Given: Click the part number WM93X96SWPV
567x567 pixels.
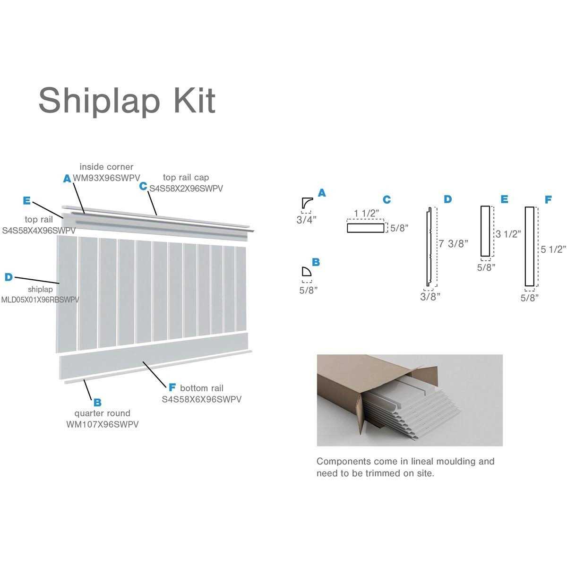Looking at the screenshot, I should (x=106, y=178).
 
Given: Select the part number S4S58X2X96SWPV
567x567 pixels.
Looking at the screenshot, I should (x=186, y=188).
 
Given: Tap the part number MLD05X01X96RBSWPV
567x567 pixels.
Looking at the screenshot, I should (x=40, y=299).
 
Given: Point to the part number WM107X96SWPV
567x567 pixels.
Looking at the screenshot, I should (x=103, y=424).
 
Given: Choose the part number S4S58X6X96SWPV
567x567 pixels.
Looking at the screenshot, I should (x=202, y=399).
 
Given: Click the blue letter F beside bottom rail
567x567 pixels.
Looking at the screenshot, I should (x=172, y=388).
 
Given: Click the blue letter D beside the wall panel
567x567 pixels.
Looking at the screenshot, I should (x=9, y=277).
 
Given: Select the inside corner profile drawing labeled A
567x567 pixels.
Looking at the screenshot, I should (x=306, y=203).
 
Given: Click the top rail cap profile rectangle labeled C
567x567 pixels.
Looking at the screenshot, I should (x=366, y=228).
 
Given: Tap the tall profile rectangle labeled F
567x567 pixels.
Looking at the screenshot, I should (x=529, y=246).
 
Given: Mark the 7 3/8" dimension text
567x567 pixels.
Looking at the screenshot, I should (x=454, y=243).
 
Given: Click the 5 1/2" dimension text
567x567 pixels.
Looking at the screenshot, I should (x=553, y=249).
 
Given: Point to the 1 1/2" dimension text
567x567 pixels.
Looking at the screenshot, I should (x=367, y=213).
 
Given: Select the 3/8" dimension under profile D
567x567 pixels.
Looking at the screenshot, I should (x=430, y=296).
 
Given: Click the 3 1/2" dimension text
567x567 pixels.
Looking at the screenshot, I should (x=508, y=233).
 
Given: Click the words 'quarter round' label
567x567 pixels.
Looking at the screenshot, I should (x=103, y=413).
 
